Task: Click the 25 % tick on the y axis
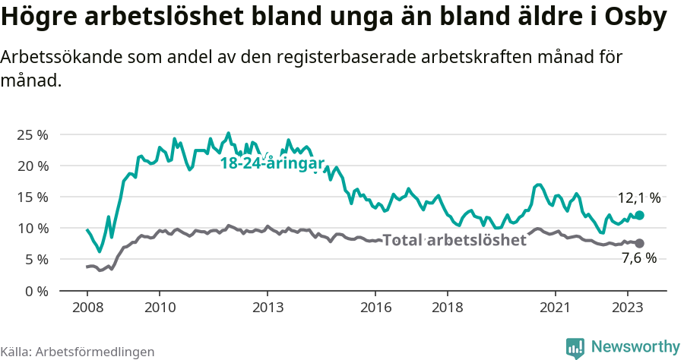[x=33, y=134]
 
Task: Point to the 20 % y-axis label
[x=33, y=166]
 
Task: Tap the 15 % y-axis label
[x=33, y=197]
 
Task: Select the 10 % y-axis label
[x=33, y=228]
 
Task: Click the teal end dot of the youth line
[x=639, y=216]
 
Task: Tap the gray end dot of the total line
[x=639, y=243]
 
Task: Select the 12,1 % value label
[x=638, y=198]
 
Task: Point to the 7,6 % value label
[x=638, y=258]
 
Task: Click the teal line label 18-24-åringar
[x=272, y=163]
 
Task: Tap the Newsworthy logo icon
[x=575, y=347]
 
